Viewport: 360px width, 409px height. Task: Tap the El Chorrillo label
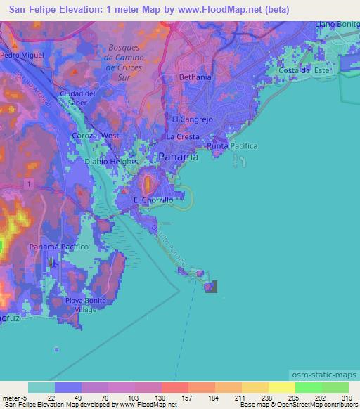(x=153, y=200)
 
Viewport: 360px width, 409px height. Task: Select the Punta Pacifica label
(x=233, y=145)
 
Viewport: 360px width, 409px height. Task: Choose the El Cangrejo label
(x=191, y=119)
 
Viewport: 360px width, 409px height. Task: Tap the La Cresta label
(x=180, y=135)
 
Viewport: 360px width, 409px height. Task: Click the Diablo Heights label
(x=109, y=161)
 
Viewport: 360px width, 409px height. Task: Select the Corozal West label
(x=96, y=135)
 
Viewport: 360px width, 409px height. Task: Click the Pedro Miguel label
(x=22, y=54)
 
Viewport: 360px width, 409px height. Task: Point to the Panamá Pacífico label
(x=58, y=247)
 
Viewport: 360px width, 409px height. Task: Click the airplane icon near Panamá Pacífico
(x=53, y=263)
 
